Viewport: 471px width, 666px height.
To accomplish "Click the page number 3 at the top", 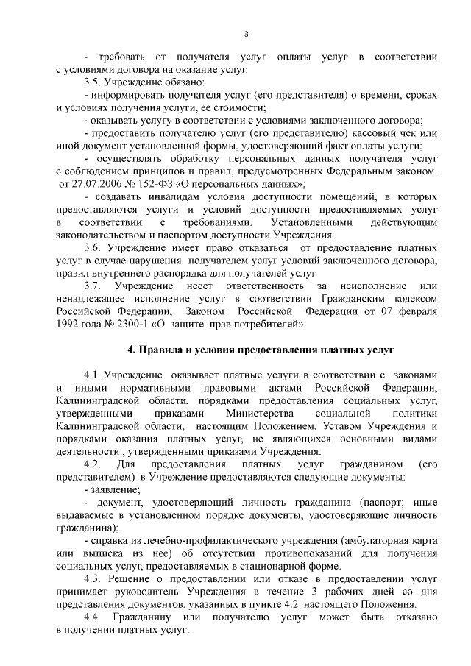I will coord(247,33).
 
